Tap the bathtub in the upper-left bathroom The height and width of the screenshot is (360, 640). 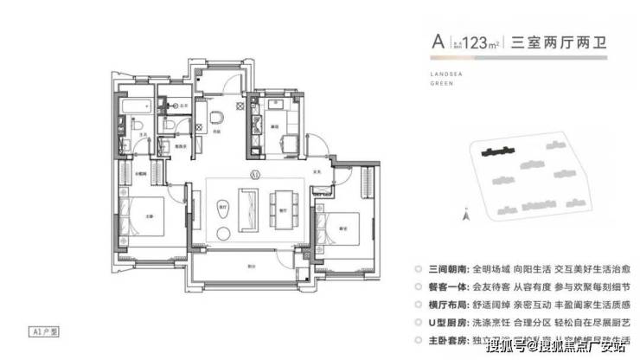coord(138,107)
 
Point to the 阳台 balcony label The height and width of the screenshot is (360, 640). coord(251,266)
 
